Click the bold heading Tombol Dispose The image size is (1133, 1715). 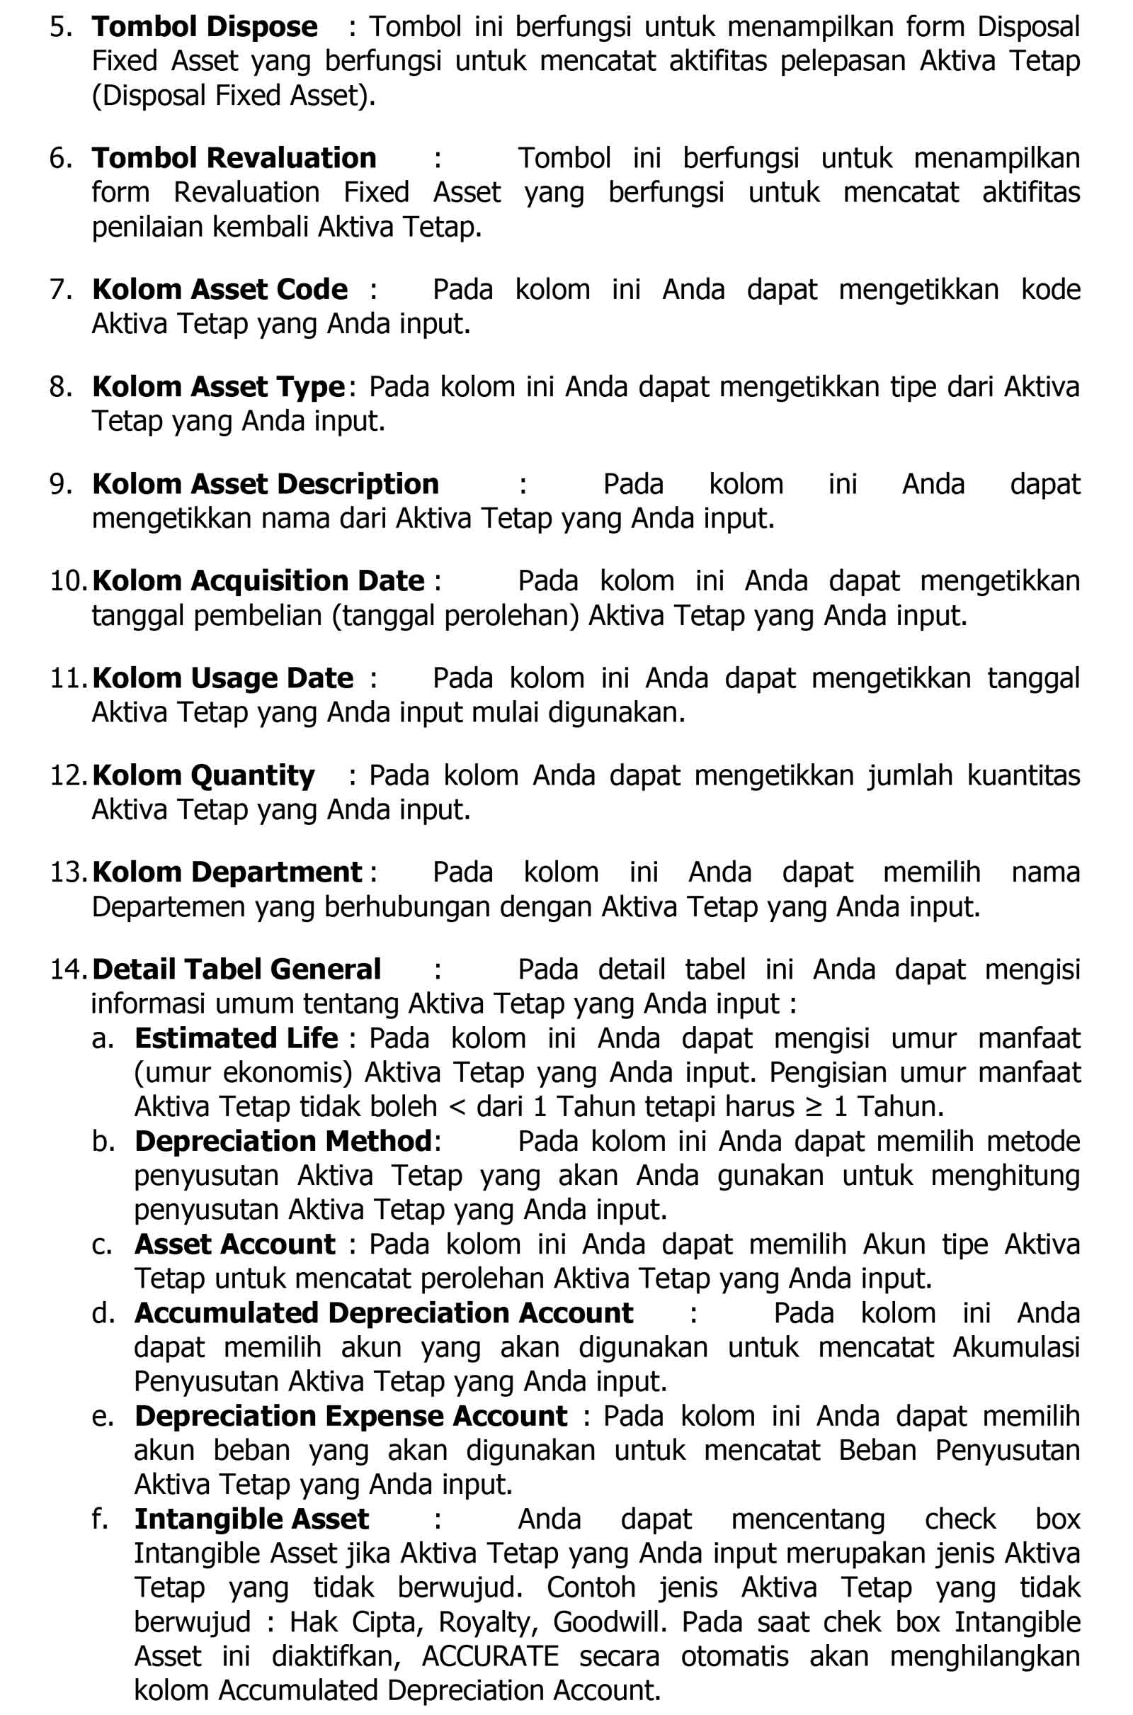(x=205, y=28)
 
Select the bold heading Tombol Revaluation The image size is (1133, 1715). (x=234, y=158)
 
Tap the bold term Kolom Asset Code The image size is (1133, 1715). (x=220, y=290)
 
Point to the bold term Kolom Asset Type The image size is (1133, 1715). (x=218, y=387)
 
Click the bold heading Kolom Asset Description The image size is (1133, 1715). (x=265, y=485)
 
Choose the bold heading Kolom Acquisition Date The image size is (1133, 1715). (x=258, y=581)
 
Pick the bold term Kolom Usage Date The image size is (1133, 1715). (x=222, y=679)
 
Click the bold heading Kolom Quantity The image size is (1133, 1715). (x=203, y=776)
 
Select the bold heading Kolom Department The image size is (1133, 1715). (x=227, y=872)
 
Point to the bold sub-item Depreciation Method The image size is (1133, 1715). (x=283, y=1142)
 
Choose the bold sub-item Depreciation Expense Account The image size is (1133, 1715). (x=351, y=1417)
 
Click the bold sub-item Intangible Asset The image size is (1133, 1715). (x=251, y=1519)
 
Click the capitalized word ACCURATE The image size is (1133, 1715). (x=491, y=1656)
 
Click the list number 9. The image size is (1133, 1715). (x=58, y=485)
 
